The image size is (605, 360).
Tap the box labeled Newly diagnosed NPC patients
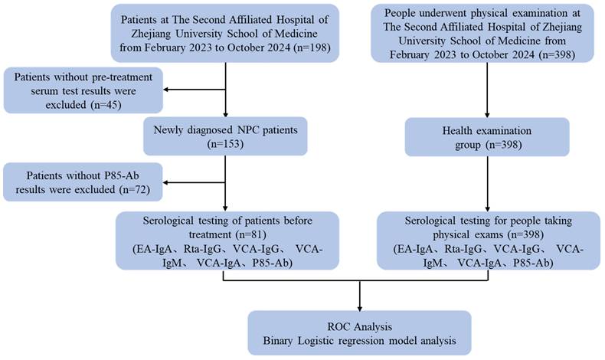(x=225, y=136)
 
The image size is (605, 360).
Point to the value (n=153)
(x=225, y=144)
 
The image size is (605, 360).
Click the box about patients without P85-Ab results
(x=83, y=182)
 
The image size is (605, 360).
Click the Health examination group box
(x=487, y=137)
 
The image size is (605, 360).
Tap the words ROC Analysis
(x=360, y=327)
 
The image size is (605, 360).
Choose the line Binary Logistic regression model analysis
(x=360, y=341)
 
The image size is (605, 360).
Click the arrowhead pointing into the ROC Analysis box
(x=360, y=309)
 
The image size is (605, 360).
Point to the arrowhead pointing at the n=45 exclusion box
(x=166, y=90)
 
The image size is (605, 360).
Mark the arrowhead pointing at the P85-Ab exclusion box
(x=166, y=182)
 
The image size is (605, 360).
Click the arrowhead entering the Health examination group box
(x=487, y=115)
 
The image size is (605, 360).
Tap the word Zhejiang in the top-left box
(x=152, y=34)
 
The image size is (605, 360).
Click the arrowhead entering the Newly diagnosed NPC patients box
(x=225, y=114)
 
